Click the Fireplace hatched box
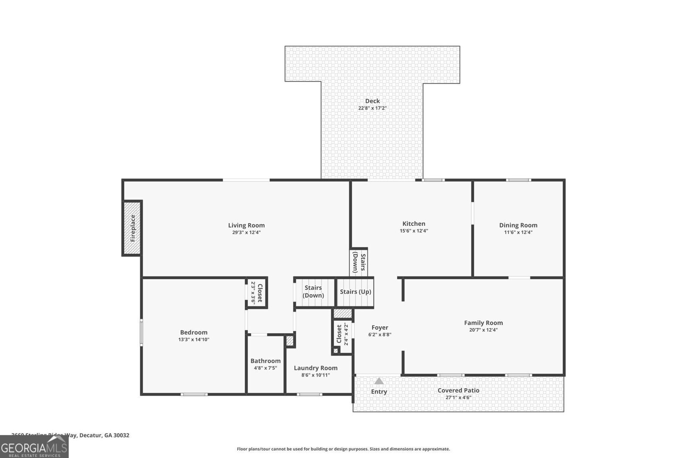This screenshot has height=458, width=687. click(132, 228)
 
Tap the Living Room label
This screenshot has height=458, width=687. click(246, 225)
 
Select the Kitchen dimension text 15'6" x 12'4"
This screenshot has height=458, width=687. click(413, 231)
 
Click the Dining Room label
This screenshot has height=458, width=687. click(518, 225)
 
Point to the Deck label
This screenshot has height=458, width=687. click(372, 101)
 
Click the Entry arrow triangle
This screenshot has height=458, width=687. click(379, 381)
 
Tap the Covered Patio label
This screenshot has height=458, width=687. click(458, 391)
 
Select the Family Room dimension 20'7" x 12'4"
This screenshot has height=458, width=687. click(483, 330)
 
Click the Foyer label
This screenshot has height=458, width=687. click(380, 328)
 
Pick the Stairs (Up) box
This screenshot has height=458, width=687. click(355, 292)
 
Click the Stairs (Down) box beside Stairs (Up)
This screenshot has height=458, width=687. click(313, 292)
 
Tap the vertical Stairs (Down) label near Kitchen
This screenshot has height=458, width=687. click(359, 263)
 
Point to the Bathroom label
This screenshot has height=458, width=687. click(265, 361)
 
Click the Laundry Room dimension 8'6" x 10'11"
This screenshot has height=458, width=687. click(316, 375)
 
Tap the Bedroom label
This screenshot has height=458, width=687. click(194, 332)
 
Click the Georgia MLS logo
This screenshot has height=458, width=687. click(34, 447)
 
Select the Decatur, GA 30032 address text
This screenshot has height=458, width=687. click(104, 435)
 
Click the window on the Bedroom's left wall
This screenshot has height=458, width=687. click(141, 332)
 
